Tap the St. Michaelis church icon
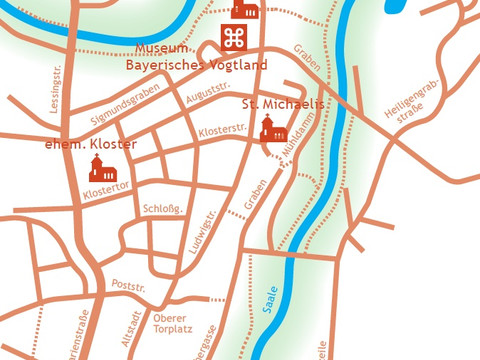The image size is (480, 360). point(270,129)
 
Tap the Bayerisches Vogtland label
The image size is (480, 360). point(196,65)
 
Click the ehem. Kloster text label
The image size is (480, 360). point(91,144)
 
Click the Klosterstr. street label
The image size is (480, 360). point(223,131)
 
